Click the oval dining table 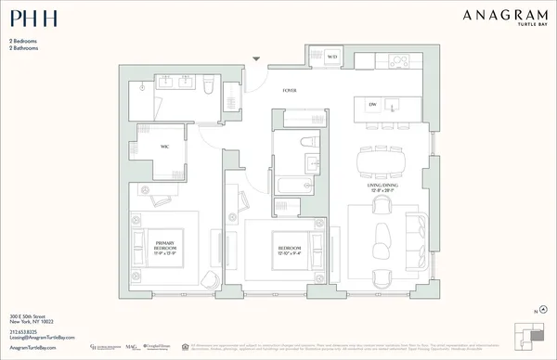(387, 161)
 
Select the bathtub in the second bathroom (295, 182)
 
